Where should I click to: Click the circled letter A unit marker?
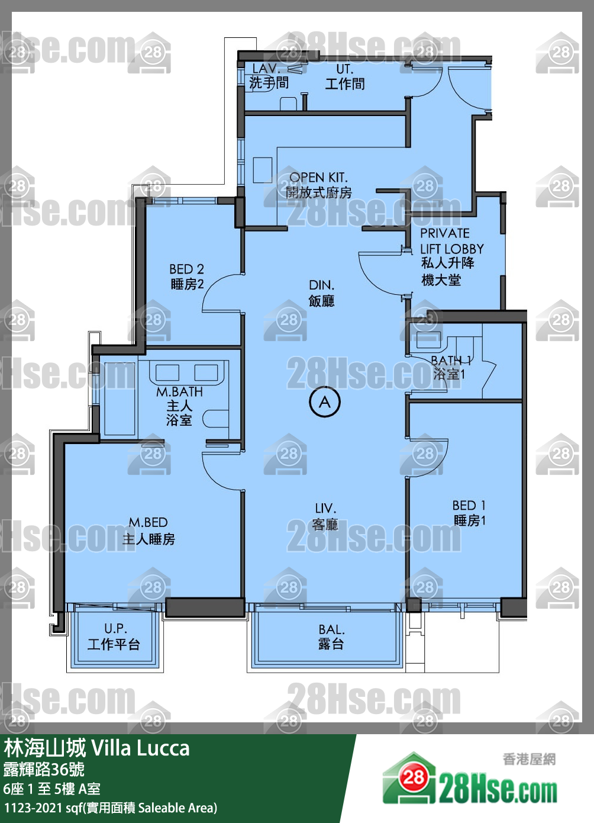tap(325, 402)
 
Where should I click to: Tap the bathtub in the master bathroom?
tap(120, 398)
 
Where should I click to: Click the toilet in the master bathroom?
tap(215, 418)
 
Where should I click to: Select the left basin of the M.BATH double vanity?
tap(167, 372)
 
